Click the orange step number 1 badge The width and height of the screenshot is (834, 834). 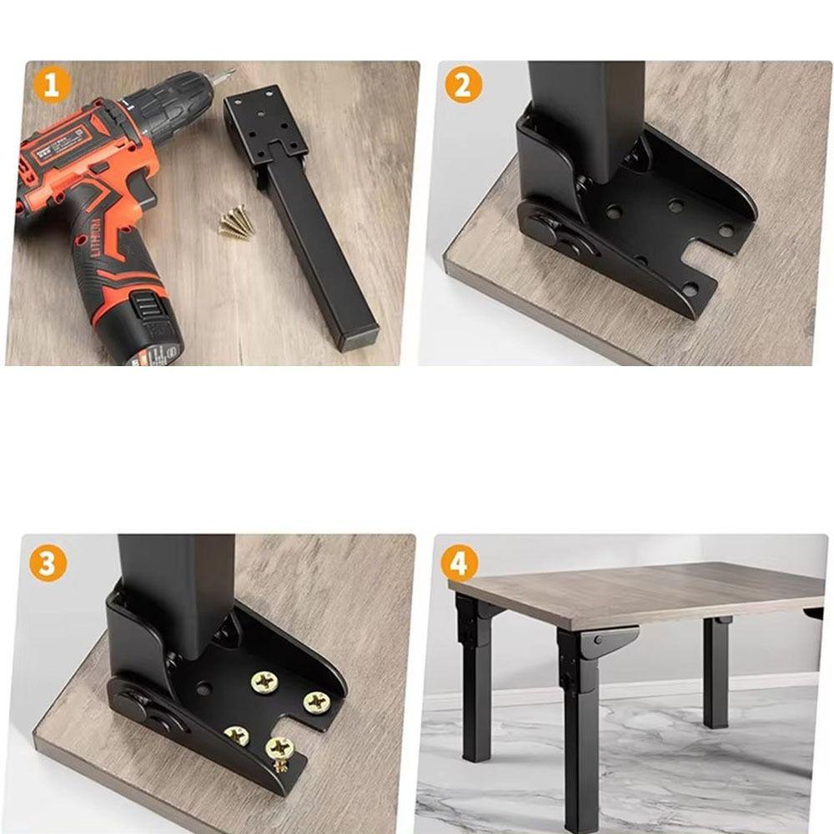click(52, 85)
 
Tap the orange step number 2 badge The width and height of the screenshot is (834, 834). click(464, 85)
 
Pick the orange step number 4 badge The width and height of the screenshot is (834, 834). click(459, 564)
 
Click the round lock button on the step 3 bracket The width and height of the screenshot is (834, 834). click(134, 706)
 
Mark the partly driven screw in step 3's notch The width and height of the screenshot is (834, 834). click(281, 760)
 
